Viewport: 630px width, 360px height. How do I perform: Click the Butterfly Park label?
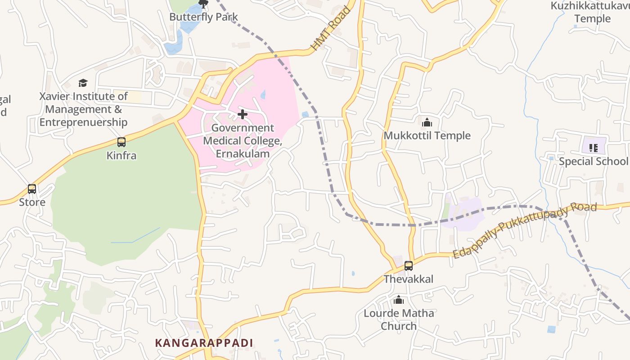203,17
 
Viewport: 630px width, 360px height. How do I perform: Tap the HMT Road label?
330,28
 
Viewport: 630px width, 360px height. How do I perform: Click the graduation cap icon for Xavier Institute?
83,83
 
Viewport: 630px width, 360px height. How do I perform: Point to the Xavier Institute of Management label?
83,109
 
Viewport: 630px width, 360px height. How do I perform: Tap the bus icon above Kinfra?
121,142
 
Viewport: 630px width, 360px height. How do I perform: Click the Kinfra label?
121,156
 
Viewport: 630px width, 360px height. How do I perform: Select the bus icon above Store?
32,189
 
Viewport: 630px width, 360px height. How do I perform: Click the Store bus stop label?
32,202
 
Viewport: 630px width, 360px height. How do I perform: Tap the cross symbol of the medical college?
243,114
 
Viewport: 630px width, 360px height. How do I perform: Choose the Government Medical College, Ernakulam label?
243,141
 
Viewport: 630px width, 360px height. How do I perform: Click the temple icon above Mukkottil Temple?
427,122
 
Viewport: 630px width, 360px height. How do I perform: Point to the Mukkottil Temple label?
427,135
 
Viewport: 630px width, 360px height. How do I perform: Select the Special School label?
593,161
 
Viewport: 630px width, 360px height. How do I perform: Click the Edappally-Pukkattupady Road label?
525,230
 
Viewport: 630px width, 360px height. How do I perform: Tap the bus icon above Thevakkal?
409,265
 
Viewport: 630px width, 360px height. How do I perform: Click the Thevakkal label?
409,279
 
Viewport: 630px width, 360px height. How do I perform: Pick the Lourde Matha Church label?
399,319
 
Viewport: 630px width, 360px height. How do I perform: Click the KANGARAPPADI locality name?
204,343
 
